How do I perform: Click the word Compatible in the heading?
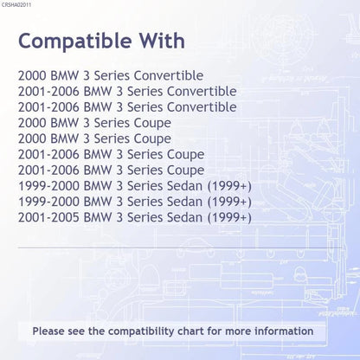click(75, 42)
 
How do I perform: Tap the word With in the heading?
click(163, 41)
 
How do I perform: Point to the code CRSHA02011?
click(16, 5)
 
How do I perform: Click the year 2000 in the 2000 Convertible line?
click(32, 75)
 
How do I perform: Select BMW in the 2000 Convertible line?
click(64, 75)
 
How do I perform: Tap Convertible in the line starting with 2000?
click(169, 75)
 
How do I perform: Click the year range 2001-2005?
click(48, 217)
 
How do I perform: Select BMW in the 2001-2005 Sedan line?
click(98, 217)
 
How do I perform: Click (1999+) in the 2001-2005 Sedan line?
click(229, 217)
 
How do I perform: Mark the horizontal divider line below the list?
click(180, 247)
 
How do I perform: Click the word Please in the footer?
click(48, 331)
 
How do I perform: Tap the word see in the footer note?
click(76, 331)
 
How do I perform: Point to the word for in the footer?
click(214, 331)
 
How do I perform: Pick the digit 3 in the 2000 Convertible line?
click(87, 75)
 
